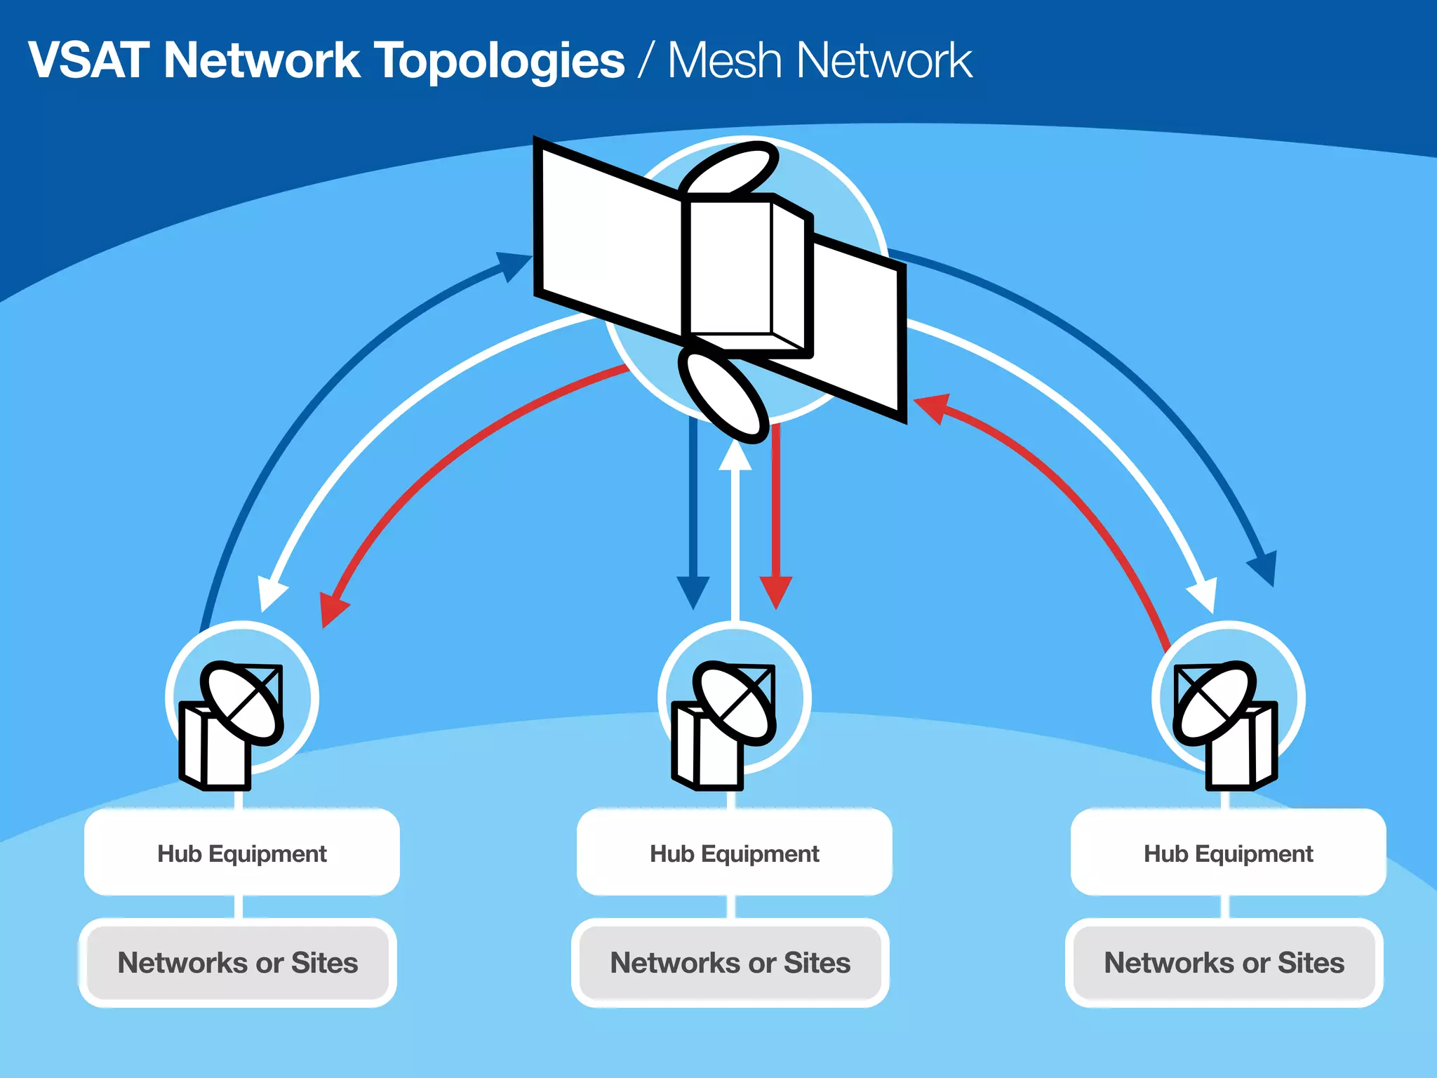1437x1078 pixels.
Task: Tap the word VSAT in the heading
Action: [88, 60]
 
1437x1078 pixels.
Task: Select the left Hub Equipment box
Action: [241, 853]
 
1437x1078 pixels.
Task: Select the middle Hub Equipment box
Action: [734, 853]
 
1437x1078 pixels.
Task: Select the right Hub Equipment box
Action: [1228, 853]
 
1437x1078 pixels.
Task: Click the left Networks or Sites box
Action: [238, 962]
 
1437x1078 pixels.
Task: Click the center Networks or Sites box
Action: [730, 962]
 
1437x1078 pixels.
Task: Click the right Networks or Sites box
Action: [1224, 962]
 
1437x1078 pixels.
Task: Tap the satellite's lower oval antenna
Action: [723, 397]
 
